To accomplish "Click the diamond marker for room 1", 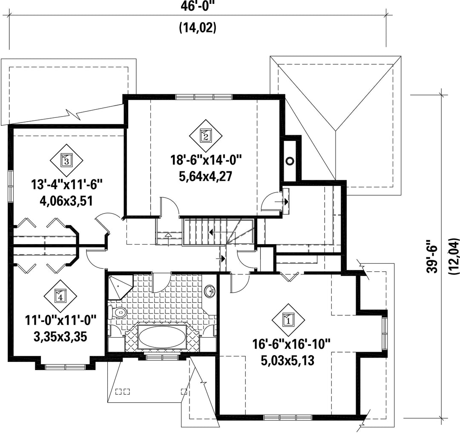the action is tap(288, 320).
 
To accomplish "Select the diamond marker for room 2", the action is tap(206, 136).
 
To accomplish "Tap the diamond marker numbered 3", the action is tap(66, 160).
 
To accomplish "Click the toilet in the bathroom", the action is tap(118, 313).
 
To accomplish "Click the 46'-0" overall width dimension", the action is tap(198, 6).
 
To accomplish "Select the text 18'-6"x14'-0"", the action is tap(206, 160).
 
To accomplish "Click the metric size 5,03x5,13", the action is tap(287, 361).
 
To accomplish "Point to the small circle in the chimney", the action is tap(290, 160).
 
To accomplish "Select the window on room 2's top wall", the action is tap(204, 97).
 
